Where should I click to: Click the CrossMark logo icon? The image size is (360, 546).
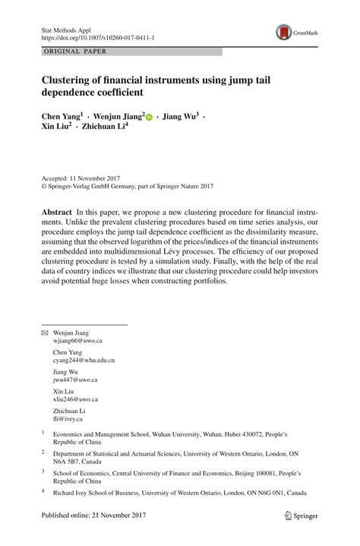285,32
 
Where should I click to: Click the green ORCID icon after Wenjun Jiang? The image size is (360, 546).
149,118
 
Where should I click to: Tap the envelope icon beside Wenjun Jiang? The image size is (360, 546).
44,333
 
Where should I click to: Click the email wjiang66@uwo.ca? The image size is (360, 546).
77,342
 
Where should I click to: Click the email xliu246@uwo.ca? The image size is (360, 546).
75,399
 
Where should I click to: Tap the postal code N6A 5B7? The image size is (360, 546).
68,459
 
